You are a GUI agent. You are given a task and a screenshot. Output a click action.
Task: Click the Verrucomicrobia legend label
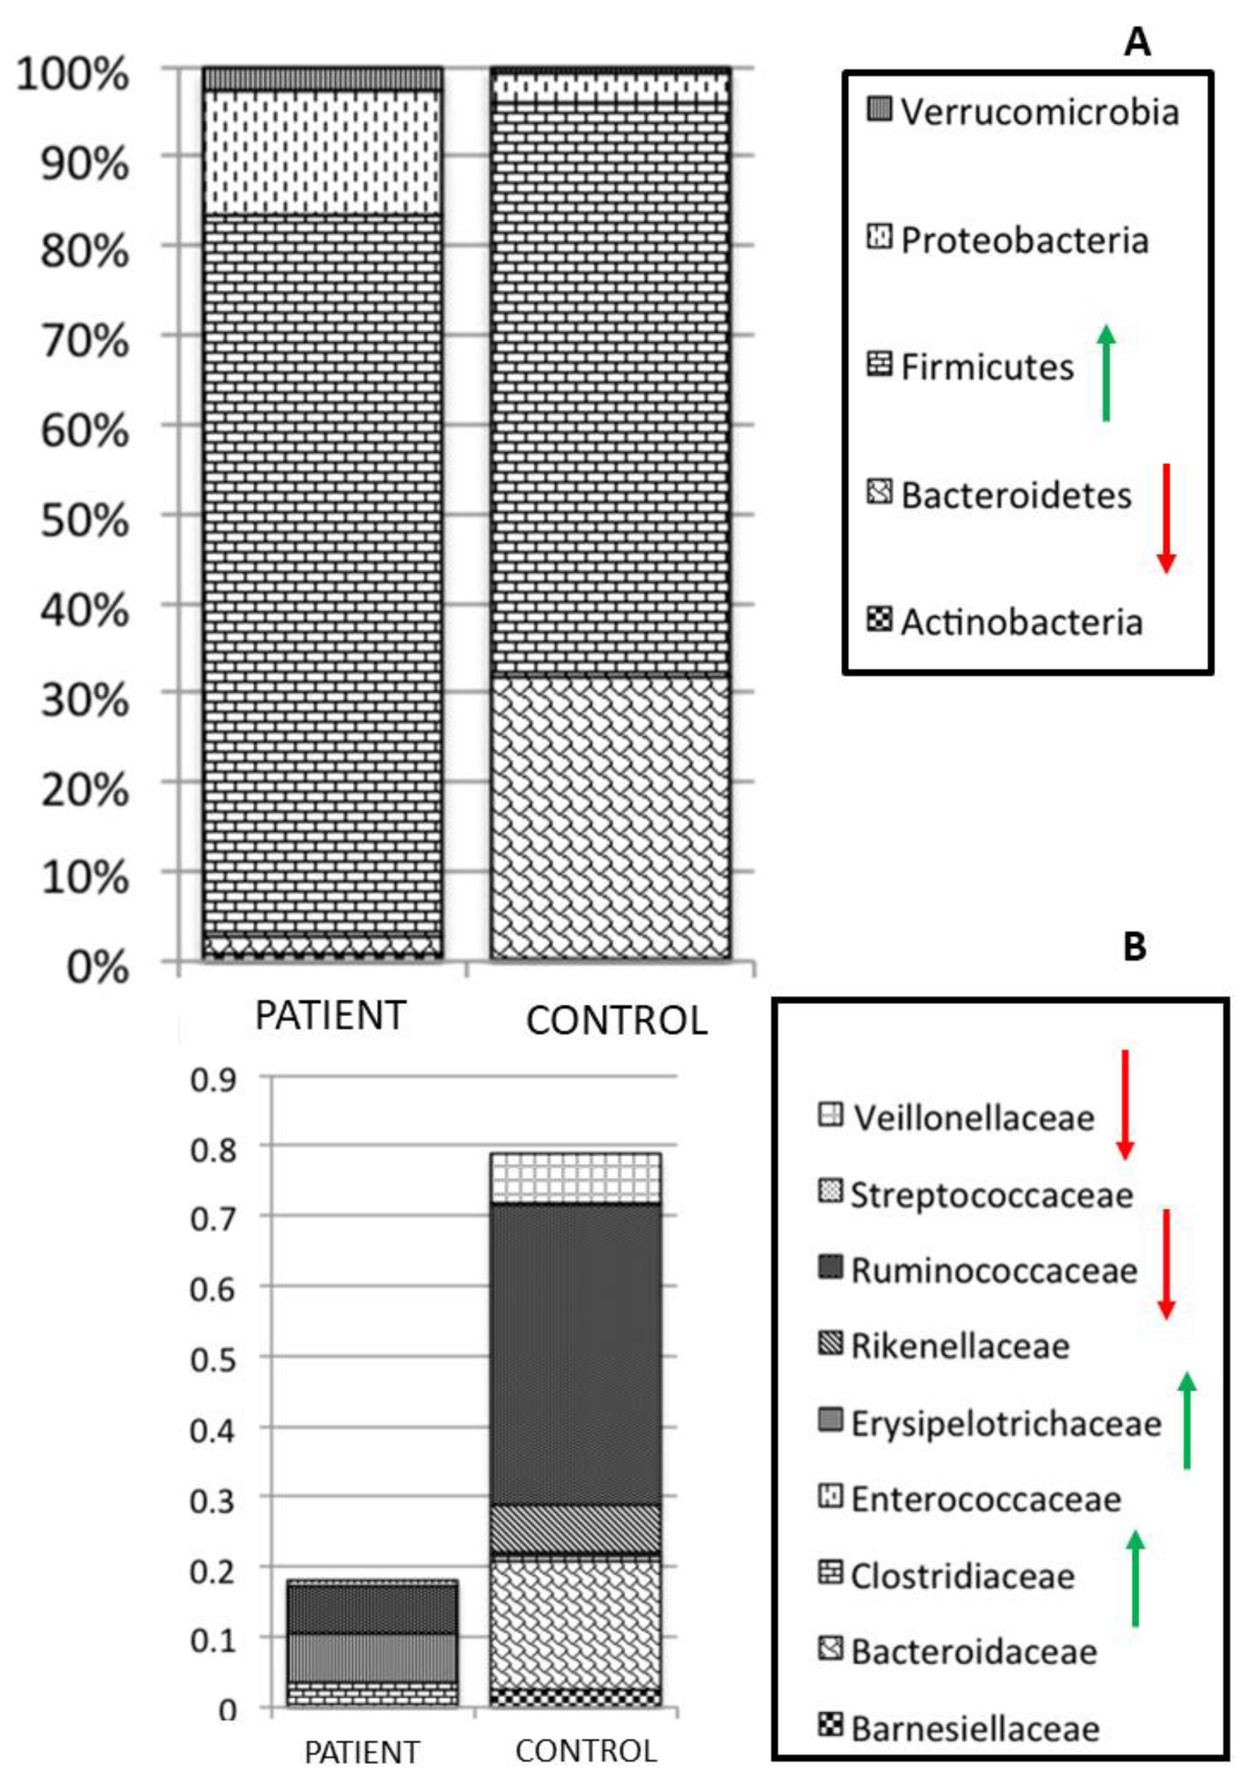(1039, 112)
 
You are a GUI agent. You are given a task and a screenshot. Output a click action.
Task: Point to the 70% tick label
(84, 341)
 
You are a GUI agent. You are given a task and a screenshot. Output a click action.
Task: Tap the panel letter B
(1134, 946)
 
